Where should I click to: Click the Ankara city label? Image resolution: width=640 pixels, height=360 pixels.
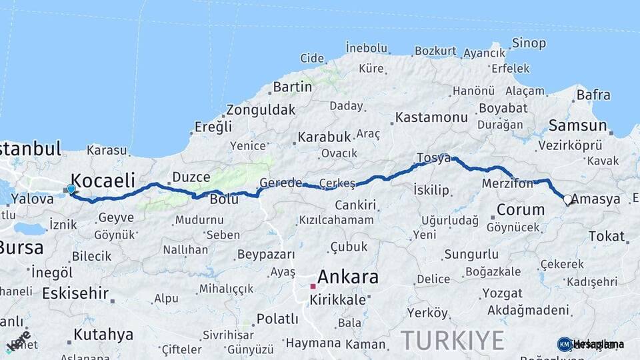tap(348, 277)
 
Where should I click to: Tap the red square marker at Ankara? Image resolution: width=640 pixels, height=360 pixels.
tap(312, 286)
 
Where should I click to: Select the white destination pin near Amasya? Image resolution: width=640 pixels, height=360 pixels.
tap(568, 199)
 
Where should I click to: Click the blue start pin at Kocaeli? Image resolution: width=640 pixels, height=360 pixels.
tap(71, 189)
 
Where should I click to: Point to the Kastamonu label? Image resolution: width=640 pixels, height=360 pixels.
tap(431, 117)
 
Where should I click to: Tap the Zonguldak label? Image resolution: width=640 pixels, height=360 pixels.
tap(260, 109)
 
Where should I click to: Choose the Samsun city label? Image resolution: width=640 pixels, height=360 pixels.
tap(577, 125)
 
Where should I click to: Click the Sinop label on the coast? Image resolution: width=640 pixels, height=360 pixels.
tap(529, 43)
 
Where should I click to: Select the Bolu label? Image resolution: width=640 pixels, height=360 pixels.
tap(224, 199)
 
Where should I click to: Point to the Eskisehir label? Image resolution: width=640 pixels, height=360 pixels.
tap(75, 293)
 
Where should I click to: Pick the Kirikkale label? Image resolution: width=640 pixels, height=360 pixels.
tap(337, 300)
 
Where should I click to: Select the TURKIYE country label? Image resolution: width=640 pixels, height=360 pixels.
tap(453, 341)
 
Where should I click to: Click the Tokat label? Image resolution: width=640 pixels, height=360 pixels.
tap(607, 236)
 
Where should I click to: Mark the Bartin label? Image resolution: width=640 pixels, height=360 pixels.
tap(293, 87)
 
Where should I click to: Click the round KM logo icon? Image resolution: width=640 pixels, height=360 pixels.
tap(564, 344)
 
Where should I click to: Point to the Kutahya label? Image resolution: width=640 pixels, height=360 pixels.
tap(103, 334)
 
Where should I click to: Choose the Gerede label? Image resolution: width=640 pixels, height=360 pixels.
tap(281, 183)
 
